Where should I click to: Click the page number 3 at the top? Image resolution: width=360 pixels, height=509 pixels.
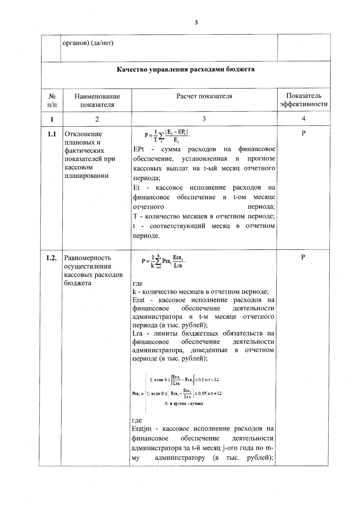point(196,22)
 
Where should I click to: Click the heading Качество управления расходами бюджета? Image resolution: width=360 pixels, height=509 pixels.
point(185,70)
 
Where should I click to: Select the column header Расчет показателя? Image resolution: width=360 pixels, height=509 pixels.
point(204,96)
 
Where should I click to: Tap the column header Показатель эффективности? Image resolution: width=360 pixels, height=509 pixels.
point(303,100)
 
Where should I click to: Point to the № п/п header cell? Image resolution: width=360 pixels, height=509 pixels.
point(52,100)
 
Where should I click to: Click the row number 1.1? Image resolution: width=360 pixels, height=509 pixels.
point(52,134)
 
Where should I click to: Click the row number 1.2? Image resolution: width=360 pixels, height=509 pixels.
point(51,258)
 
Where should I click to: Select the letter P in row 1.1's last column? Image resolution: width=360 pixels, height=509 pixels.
point(304,133)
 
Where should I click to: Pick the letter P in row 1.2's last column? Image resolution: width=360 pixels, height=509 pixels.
point(303,257)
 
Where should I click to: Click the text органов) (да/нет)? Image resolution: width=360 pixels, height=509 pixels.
point(88,43)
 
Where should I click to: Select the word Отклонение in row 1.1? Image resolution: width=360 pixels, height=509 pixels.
point(83,134)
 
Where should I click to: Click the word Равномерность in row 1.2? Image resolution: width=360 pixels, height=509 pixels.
point(88,258)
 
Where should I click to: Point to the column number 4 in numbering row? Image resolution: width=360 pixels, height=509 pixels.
point(304,119)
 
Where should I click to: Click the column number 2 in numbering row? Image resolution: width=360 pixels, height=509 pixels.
point(97,119)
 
